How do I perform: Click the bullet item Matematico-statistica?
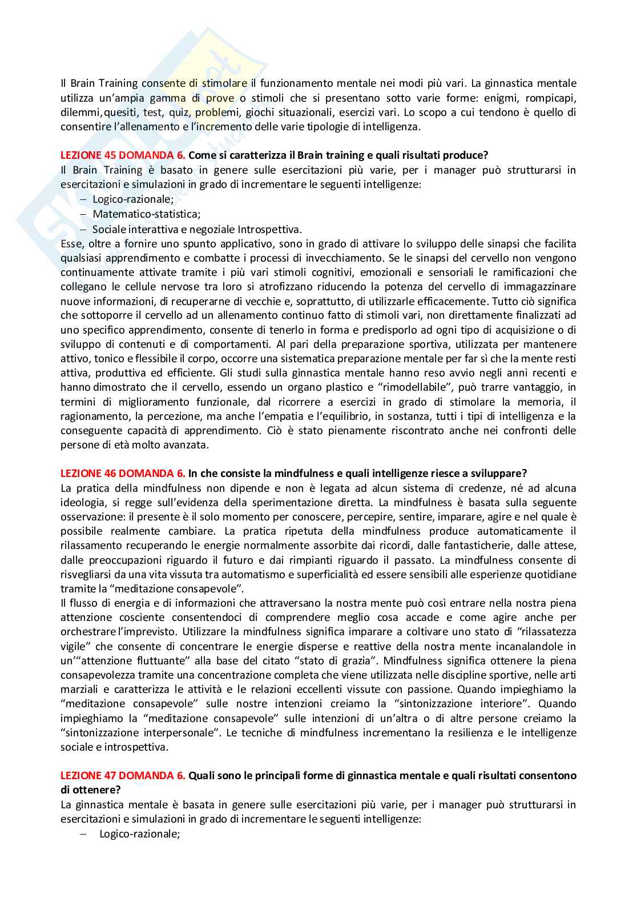point(146,214)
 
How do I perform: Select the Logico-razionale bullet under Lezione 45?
point(134,199)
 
